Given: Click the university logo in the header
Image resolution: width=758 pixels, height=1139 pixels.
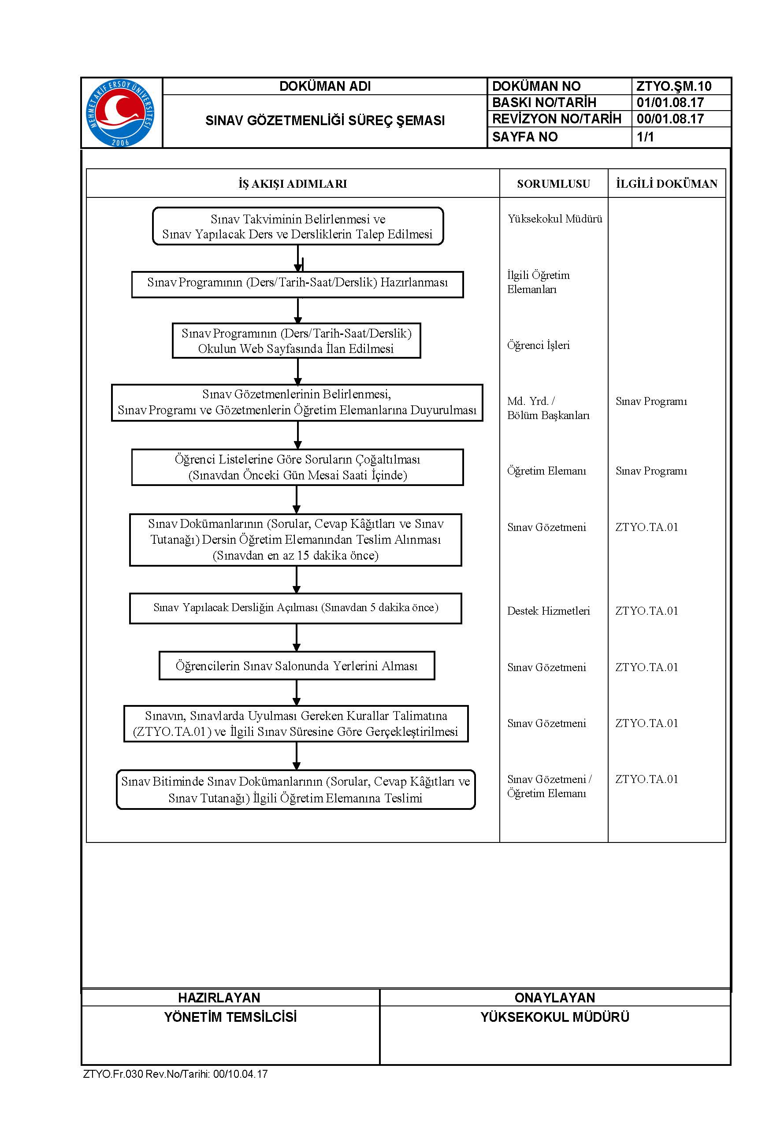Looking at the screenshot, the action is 120,113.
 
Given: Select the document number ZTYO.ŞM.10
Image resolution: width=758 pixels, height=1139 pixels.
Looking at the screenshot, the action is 673,86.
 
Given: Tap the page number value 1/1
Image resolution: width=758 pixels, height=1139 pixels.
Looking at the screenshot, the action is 645,137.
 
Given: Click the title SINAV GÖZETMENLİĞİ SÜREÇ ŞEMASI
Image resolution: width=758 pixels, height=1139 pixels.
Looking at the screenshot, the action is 325,120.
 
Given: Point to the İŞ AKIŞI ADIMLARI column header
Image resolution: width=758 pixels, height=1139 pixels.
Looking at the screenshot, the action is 293,184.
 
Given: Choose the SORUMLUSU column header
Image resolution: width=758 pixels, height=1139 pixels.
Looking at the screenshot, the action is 554,184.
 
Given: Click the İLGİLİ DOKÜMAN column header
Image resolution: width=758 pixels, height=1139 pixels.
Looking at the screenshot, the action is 667,184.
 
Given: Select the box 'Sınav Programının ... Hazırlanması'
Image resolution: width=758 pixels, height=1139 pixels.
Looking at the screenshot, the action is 297,284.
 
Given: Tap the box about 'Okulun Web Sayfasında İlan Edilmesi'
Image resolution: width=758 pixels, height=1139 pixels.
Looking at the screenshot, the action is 296,341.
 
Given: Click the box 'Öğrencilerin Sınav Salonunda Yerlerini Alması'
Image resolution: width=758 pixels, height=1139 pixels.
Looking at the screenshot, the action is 297,665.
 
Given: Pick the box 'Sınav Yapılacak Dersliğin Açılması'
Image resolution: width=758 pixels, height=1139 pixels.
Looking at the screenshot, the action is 295,608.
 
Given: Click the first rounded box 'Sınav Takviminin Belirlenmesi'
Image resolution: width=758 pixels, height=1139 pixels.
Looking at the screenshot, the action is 298,226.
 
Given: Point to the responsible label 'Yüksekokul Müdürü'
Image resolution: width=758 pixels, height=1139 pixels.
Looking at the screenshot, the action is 555,219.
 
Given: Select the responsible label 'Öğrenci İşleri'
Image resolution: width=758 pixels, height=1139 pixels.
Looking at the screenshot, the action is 539,345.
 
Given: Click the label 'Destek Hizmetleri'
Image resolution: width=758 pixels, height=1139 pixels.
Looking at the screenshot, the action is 549,611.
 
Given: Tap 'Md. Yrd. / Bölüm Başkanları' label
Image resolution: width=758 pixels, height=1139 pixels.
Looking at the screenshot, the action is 548,408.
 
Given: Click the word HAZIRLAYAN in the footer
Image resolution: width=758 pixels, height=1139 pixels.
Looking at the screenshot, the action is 219,998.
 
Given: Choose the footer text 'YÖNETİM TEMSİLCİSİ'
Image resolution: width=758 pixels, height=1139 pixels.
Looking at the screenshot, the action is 230,1017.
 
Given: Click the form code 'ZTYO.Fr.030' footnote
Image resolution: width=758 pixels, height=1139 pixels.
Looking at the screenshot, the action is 113,1074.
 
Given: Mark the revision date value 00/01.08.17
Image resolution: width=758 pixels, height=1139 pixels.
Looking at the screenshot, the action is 670,119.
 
